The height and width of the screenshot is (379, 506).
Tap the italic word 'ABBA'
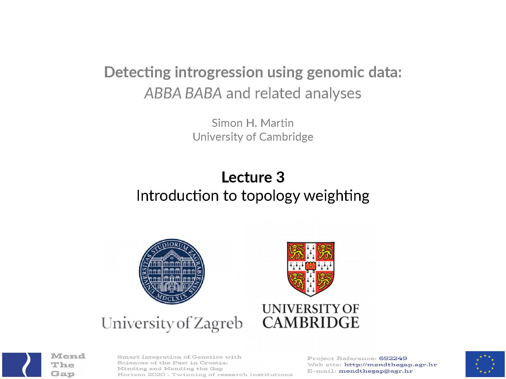point(163,93)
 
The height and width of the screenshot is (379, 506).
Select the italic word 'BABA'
point(203,93)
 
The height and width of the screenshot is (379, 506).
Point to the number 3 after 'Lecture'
point(280,177)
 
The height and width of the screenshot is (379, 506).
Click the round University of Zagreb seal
point(172,271)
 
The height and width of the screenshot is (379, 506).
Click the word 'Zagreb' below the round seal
point(218,323)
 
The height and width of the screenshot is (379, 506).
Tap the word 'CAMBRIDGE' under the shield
point(311,322)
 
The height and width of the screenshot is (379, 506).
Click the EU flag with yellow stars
point(485,364)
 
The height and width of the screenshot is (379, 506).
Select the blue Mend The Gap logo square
point(22,365)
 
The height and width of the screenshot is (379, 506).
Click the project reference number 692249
point(393,358)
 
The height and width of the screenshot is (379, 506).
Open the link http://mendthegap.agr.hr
point(390,365)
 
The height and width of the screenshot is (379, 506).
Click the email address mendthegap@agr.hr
point(376,371)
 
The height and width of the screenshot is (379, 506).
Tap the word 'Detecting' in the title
point(137,73)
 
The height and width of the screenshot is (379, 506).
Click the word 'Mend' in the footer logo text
point(68,356)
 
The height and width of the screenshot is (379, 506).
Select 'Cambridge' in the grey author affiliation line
point(286,137)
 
